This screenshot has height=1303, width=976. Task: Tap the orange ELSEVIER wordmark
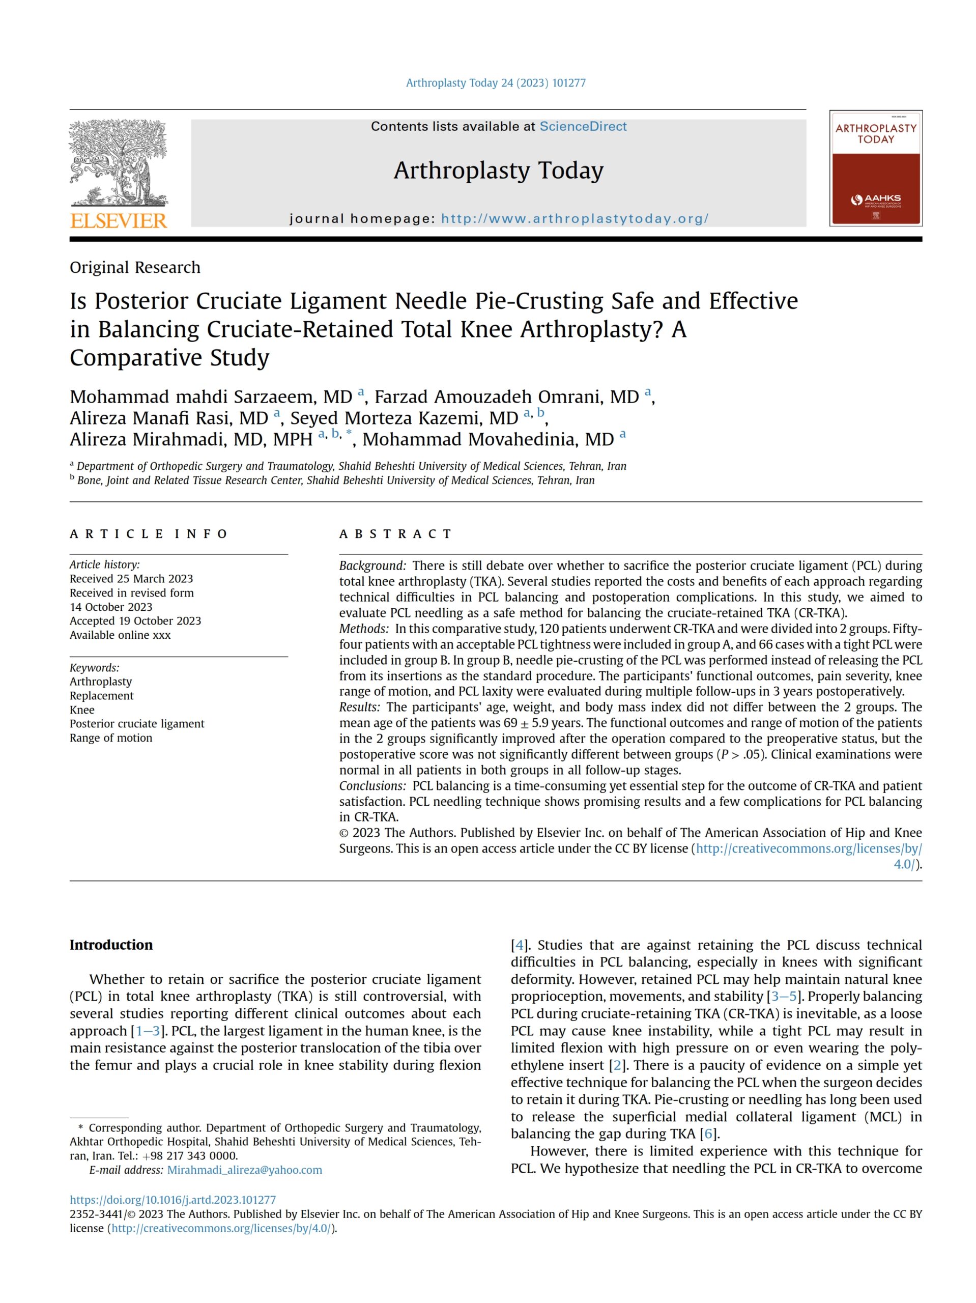[x=119, y=221]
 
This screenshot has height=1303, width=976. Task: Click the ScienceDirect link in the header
[x=583, y=126]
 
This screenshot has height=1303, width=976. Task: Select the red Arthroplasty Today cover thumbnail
[x=875, y=168]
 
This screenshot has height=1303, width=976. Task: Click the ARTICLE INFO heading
[x=149, y=534]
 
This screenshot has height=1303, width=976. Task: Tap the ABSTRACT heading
[x=395, y=534]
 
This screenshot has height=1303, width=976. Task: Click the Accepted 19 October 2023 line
[x=135, y=621]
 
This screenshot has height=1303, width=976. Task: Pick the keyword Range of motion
[x=111, y=738]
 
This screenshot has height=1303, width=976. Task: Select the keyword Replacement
[x=101, y=696]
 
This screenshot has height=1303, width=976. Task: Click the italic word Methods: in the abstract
[x=363, y=629]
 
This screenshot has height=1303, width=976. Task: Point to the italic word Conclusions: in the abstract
[x=372, y=786]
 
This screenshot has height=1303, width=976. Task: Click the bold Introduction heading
[x=111, y=945]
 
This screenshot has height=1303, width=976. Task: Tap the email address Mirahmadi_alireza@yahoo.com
[x=244, y=1170]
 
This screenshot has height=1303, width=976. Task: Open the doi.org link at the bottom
[x=173, y=1200]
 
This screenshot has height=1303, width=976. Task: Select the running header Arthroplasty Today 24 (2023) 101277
[x=495, y=83]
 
